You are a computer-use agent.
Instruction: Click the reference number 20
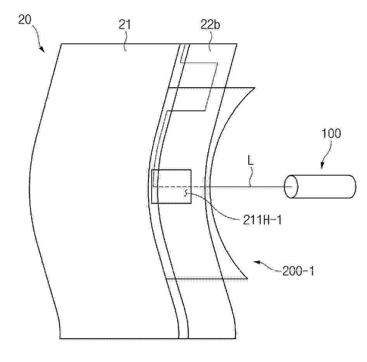tap(24, 19)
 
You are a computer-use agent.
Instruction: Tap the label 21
tap(125, 24)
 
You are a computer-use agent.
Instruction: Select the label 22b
tap(210, 24)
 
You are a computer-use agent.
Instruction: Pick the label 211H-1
tap(262, 220)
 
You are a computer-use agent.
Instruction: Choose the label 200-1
tap(298, 271)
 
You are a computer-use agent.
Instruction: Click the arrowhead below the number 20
tap(42, 49)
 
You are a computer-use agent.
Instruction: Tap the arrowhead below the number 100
tap(322, 165)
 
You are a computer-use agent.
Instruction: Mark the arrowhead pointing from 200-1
tap(257, 262)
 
